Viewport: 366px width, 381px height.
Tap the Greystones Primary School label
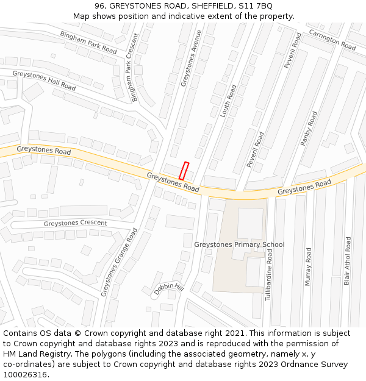point(239,244)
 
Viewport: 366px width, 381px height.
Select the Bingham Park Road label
point(88,41)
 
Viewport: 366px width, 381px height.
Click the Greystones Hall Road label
point(44,80)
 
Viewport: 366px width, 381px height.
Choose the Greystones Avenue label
point(191,59)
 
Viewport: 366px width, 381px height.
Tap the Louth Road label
point(228,101)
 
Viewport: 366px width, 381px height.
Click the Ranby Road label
point(309,128)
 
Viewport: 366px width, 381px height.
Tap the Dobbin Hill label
point(168,288)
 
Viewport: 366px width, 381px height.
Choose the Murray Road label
point(308,266)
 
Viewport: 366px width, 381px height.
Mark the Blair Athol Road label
point(348,261)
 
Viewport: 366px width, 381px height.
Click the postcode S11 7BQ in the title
point(256,5)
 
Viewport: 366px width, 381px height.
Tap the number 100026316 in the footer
point(25,375)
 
